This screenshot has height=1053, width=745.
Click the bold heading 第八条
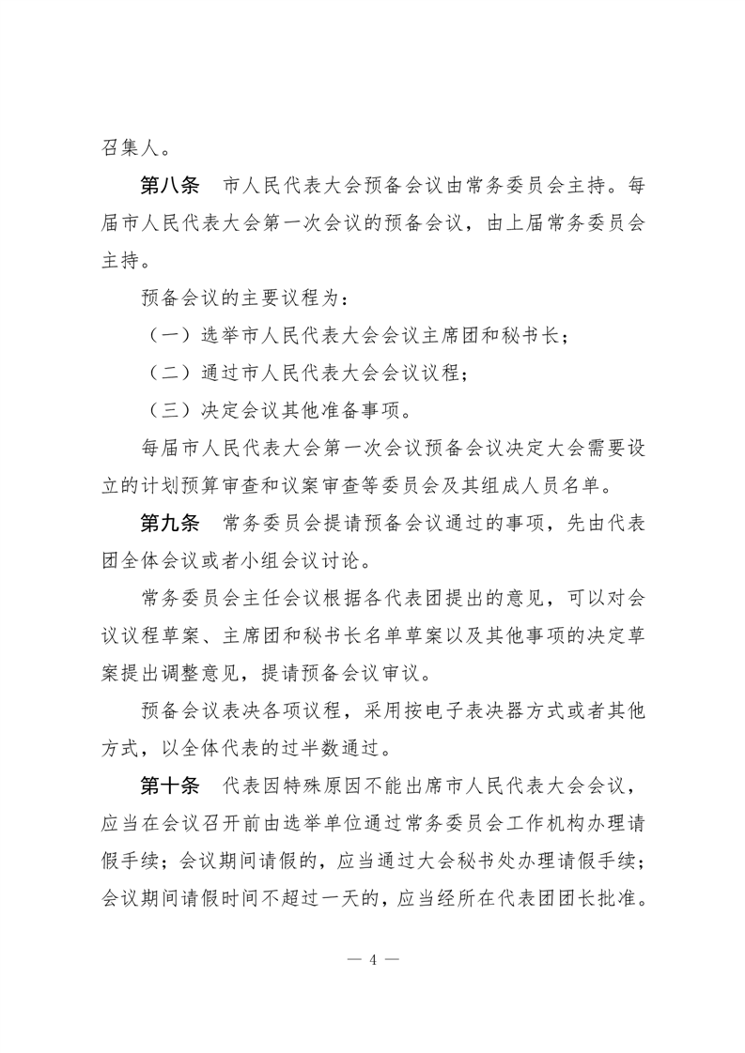coord(169,185)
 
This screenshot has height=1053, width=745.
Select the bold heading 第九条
coord(169,524)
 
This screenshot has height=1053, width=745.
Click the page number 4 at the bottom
coord(373,959)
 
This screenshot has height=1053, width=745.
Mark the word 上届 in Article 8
coord(517,223)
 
